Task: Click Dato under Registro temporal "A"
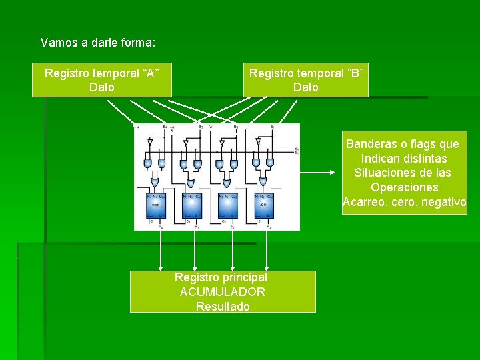101,87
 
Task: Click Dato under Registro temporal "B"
306,87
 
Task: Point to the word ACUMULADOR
223,292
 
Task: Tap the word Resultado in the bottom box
223,307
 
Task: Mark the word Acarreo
365,202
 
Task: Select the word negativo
444,202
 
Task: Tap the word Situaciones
383,173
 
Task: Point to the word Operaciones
404,187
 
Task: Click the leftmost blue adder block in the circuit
158,205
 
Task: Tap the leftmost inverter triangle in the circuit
150,142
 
